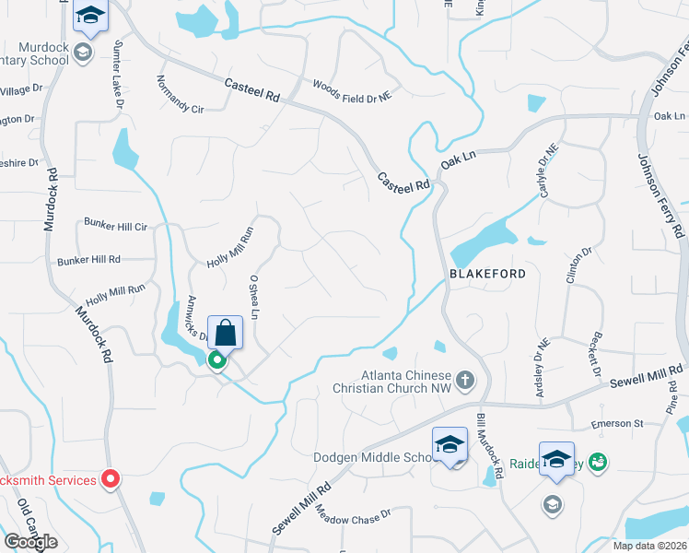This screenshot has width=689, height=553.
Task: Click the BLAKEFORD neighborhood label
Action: (487, 274)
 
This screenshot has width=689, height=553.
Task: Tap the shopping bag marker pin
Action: (226, 334)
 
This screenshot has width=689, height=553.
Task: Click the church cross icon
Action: (466, 379)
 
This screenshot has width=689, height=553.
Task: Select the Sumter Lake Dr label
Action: (118, 75)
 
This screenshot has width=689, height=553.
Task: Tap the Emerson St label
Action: (617, 425)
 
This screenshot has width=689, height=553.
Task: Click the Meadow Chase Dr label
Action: (347, 515)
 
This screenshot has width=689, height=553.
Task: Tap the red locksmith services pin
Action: (111, 478)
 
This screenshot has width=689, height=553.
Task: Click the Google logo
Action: (30, 542)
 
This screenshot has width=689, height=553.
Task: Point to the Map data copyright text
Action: (650, 546)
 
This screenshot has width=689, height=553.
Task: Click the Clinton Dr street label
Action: (581, 266)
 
